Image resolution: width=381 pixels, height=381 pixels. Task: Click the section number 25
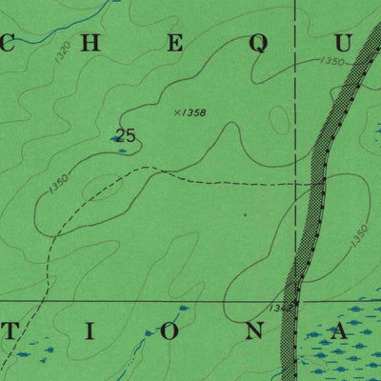[x=125, y=135]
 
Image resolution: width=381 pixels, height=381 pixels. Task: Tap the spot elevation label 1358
[x=195, y=112]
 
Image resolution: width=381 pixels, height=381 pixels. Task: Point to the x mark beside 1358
[x=177, y=111]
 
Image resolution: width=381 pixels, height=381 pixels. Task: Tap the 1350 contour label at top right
[x=332, y=61]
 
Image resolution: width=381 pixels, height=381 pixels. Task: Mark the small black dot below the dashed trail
[x=245, y=215]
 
